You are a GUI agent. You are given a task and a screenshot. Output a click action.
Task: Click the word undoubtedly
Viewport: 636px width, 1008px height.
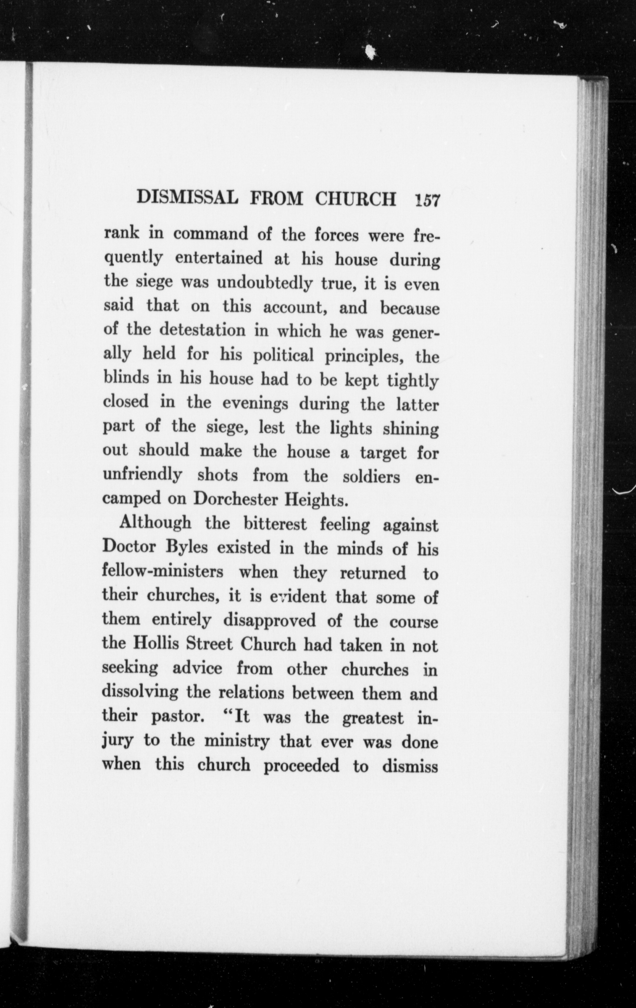click(x=265, y=284)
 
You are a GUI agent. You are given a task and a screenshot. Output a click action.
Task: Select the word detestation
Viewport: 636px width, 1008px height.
click(x=202, y=331)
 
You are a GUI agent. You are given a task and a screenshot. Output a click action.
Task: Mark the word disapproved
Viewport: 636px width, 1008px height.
click(x=269, y=620)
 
